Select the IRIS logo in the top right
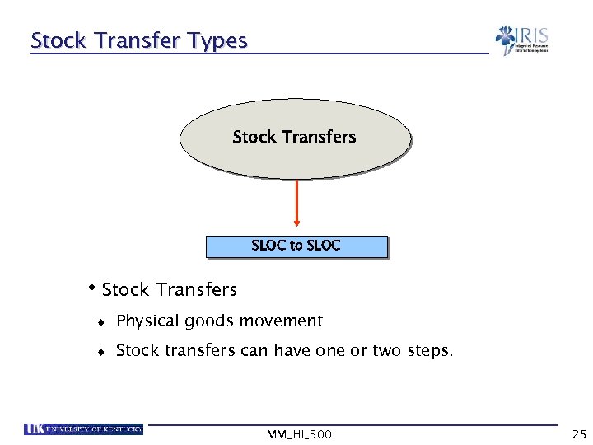click(x=521, y=40)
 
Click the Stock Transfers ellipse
click(x=295, y=138)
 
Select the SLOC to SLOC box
click(x=296, y=246)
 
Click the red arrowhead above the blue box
click(x=296, y=221)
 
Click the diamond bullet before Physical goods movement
click(x=100, y=322)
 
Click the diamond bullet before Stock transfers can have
click(x=100, y=352)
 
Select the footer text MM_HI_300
click(x=300, y=433)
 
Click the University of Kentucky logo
click(x=84, y=429)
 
